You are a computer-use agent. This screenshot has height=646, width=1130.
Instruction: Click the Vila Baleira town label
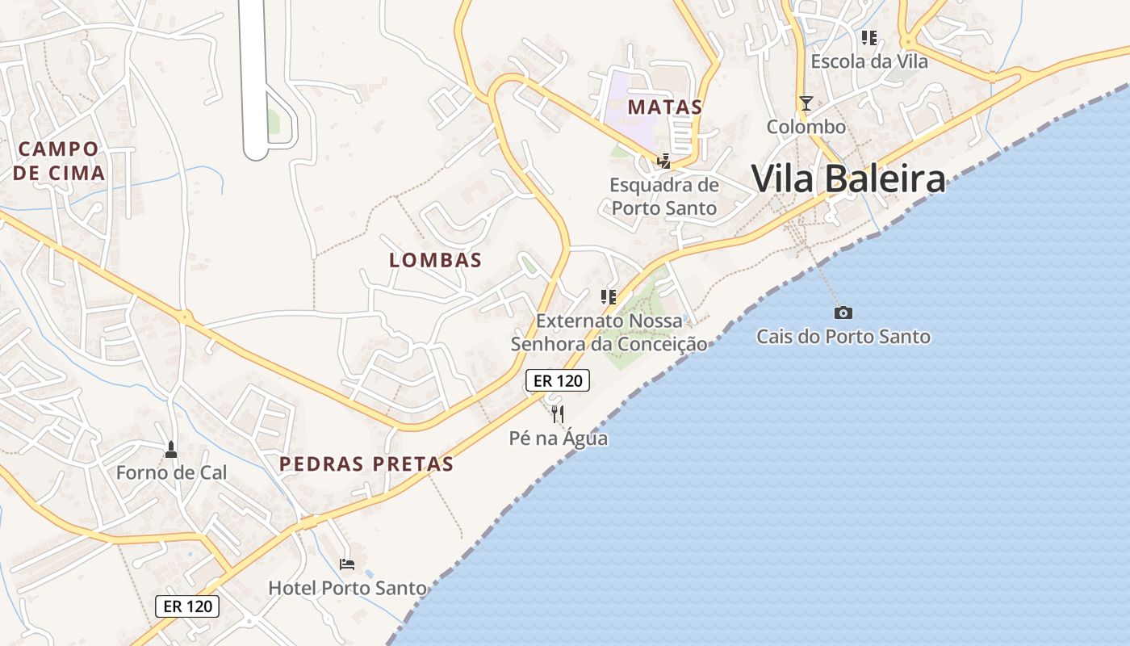[x=847, y=178]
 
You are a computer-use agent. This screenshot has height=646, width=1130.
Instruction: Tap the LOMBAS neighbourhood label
[x=435, y=260]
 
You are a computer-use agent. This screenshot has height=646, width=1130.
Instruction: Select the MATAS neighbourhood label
[x=665, y=107]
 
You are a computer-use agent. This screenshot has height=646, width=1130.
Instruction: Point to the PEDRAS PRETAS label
[x=366, y=464]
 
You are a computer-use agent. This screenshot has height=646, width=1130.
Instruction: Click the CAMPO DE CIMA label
[x=59, y=161]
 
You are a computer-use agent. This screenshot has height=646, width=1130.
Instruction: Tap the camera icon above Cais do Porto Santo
[x=843, y=313]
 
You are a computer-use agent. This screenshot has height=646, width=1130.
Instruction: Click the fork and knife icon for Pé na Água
[x=558, y=414]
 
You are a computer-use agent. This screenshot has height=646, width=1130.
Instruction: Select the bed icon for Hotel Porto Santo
[x=347, y=564]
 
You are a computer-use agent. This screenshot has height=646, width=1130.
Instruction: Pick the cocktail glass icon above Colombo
[x=806, y=103]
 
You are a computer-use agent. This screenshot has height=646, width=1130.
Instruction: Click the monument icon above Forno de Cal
[x=170, y=448]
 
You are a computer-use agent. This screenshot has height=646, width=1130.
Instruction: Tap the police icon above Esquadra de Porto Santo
[x=663, y=161]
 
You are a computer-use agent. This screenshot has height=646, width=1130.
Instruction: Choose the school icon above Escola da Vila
[x=868, y=37]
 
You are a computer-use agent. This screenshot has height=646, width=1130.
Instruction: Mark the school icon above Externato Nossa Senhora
[x=609, y=296]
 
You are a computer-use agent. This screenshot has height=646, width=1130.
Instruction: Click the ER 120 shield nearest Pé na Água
[x=558, y=380]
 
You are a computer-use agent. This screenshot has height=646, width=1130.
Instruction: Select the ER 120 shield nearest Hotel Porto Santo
[x=186, y=606]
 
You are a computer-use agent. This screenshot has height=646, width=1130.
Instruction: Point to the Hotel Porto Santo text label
[x=347, y=588]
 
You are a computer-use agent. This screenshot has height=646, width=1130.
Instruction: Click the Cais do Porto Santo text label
[x=843, y=337]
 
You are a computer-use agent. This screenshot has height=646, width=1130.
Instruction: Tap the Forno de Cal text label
[x=171, y=472]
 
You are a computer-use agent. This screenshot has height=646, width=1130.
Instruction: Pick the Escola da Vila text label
[x=868, y=61]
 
